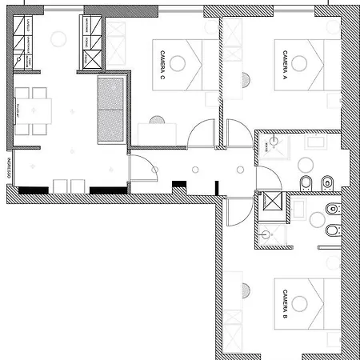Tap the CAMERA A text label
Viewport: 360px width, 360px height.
coord(285,62)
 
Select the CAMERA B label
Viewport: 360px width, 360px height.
coord(285,305)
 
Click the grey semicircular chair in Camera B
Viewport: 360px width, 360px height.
coord(244,290)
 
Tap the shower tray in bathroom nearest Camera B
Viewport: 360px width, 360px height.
coord(274,234)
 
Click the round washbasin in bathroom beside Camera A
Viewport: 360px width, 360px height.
coord(306,164)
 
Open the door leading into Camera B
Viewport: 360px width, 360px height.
coord(238,211)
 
